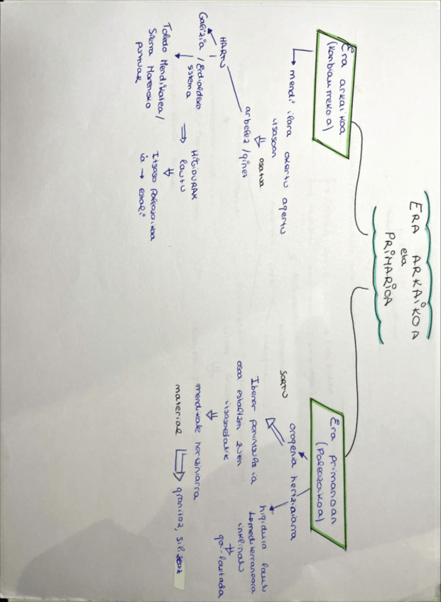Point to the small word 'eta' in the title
[402, 251]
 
